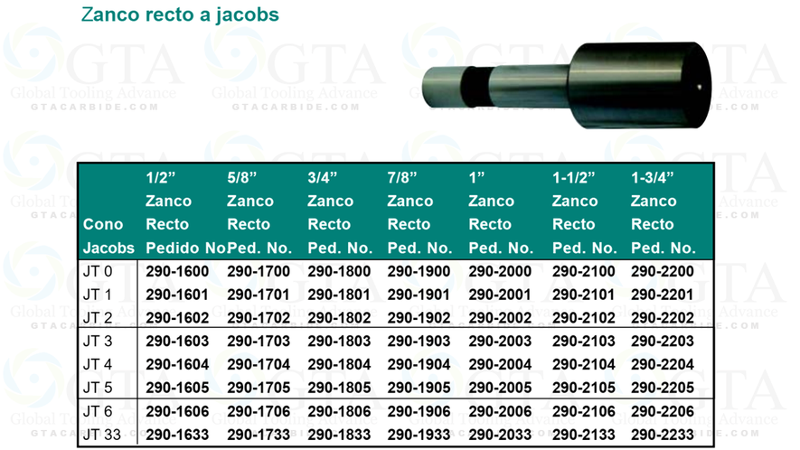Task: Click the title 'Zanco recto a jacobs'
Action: (x=180, y=15)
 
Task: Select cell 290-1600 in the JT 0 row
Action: (x=177, y=271)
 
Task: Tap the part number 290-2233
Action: (x=663, y=435)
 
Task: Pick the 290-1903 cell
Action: (x=419, y=342)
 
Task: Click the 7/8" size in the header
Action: (x=403, y=177)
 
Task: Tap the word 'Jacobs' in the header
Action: (x=108, y=248)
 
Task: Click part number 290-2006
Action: (x=500, y=412)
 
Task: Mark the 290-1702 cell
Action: (x=259, y=318)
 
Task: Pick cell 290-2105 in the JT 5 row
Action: (x=583, y=389)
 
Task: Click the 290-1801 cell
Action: (x=339, y=295)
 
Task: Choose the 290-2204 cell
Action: (x=663, y=365)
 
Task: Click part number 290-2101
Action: (x=583, y=295)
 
